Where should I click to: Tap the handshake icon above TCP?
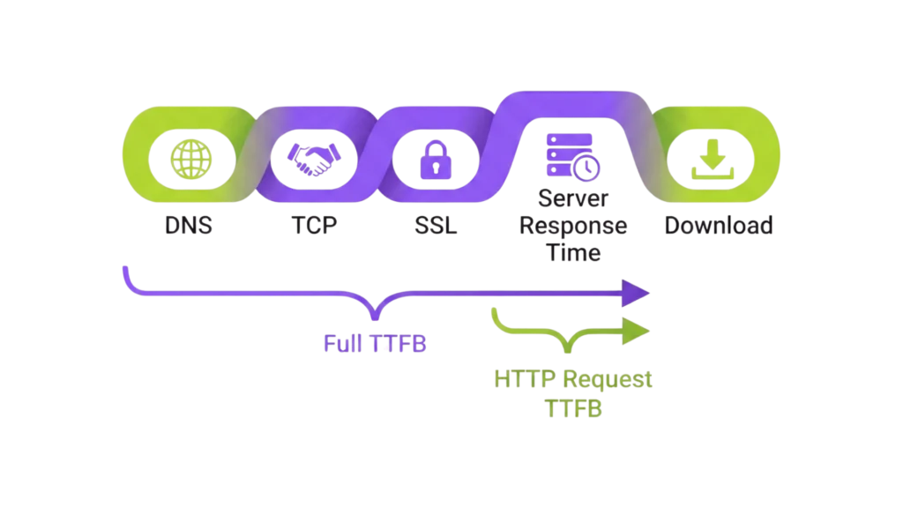click(x=314, y=160)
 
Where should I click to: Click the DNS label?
click(x=187, y=227)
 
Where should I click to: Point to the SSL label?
click(x=433, y=227)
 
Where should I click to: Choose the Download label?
click(x=719, y=227)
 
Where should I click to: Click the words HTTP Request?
click(x=573, y=380)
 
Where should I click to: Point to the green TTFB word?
click(x=573, y=408)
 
